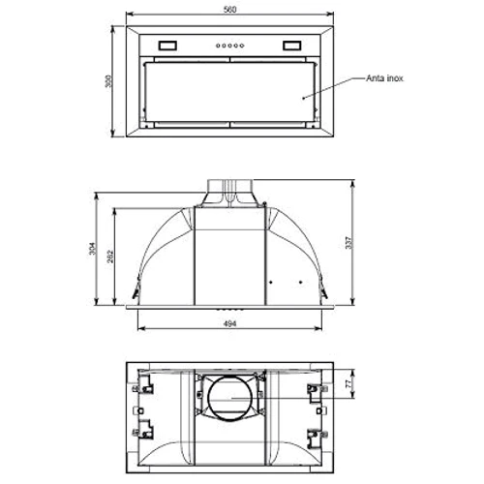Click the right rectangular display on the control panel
point(293,45)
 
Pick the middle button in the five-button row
point(229,45)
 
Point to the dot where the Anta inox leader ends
point(303,97)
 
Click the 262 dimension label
point(112,256)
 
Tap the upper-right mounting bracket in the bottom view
point(314,389)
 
